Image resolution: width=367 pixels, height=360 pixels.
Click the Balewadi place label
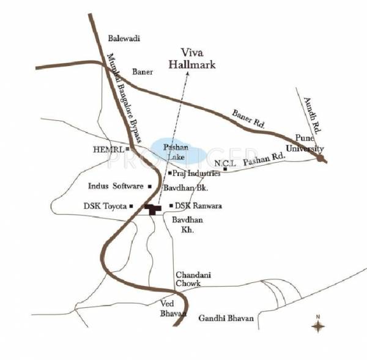124,39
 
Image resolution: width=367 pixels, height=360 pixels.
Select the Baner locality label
143,72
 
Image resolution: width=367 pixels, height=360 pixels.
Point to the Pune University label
305,145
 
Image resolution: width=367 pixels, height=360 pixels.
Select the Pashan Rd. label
264,161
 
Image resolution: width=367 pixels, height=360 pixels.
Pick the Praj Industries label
195,174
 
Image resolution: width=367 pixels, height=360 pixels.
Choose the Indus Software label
116,186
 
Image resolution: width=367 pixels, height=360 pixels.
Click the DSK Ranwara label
198,206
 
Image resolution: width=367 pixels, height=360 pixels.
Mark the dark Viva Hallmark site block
153,209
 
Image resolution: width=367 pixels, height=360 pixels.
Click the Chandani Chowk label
193,279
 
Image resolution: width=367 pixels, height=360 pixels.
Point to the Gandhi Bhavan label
225,318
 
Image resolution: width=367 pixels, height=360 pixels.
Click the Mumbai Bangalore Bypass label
125,99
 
